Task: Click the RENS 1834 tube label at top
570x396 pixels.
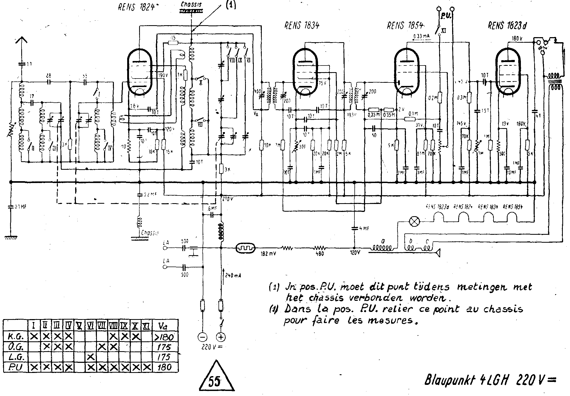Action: tap(302, 25)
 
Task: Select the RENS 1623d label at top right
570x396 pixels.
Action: tap(507, 26)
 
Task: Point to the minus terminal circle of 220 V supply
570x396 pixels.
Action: tap(203, 337)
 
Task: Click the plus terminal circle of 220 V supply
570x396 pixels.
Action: tap(221, 337)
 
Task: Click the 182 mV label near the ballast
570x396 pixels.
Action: tap(269, 254)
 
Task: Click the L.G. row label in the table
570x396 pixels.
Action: tap(16, 357)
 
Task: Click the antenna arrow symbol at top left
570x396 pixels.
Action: tap(22, 41)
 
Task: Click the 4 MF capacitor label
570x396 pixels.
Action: tap(364, 228)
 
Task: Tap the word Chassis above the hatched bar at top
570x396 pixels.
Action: tap(191, 5)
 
